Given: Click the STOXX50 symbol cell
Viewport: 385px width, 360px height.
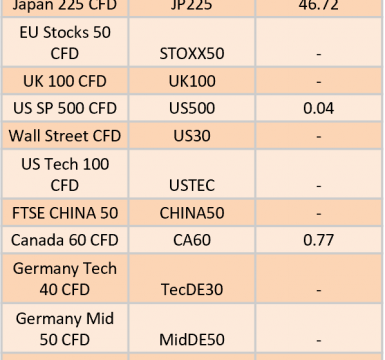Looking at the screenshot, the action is click(192, 53).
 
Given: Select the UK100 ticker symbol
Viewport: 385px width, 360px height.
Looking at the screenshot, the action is click(192, 81).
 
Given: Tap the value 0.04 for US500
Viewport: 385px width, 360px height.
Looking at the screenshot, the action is click(318, 108).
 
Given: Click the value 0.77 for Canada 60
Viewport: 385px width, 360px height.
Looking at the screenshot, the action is click(318, 240).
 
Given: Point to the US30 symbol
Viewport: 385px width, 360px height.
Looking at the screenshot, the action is click(192, 136).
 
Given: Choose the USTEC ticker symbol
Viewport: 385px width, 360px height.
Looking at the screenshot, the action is click(192, 185).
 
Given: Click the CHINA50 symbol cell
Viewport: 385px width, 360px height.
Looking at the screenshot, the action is click(192, 213).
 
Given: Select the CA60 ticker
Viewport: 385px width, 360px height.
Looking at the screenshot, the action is click(192, 240).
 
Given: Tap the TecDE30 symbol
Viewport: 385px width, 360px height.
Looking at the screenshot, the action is click(192, 289).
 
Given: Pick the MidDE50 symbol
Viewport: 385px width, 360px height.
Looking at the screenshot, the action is click(192, 340).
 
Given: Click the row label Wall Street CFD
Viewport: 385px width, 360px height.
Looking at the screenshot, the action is click(65, 136).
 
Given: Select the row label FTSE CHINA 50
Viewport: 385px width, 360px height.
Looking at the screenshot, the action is click(65, 213).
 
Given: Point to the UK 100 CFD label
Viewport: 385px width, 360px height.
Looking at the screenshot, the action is click(65, 81).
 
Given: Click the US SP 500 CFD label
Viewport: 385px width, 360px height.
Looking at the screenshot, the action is click(65, 108).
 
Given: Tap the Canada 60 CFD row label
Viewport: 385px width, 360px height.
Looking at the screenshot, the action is click(65, 240).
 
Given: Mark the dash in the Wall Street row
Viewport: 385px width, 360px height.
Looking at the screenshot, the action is click(318, 136).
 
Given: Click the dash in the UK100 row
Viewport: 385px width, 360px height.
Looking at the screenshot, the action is click(318, 82).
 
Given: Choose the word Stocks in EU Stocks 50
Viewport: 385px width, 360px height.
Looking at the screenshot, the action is click(66, 32).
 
